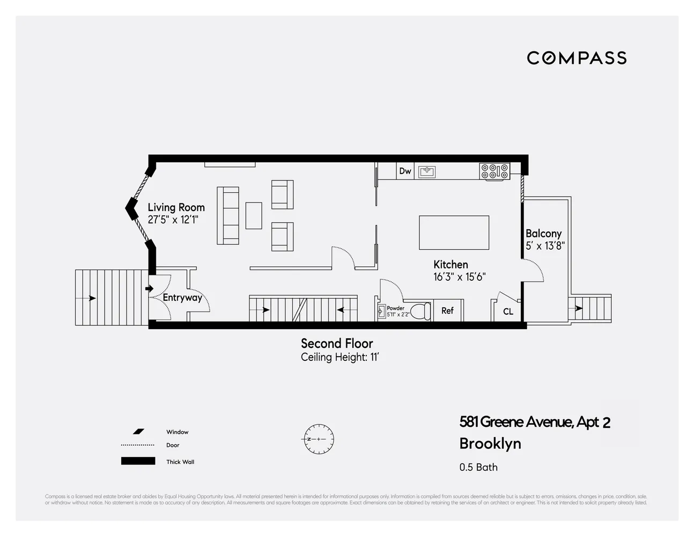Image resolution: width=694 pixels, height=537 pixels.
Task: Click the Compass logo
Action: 577,58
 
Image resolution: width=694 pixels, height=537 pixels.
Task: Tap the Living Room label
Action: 176,207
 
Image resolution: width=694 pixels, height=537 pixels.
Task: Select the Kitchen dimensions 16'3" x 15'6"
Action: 459,277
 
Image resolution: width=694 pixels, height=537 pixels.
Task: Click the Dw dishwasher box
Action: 405,171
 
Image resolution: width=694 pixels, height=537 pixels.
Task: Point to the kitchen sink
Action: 427,172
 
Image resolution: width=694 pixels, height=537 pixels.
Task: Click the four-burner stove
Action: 494,171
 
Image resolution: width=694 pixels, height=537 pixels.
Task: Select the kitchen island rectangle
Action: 454,233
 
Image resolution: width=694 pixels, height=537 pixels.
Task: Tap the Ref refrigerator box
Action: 447,311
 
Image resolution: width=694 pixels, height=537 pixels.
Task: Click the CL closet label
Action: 508,311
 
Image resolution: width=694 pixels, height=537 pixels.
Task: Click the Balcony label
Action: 543,234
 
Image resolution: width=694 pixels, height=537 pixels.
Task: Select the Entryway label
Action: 182,297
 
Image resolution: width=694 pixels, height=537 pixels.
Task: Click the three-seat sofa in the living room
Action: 228,215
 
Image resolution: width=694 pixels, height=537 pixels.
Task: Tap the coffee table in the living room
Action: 254,215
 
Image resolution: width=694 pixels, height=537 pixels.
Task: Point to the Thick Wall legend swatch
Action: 138,461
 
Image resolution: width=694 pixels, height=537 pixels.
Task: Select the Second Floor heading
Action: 337,344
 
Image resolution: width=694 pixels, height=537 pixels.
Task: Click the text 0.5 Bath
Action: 478,467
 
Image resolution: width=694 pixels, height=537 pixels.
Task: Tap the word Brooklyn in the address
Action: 490,444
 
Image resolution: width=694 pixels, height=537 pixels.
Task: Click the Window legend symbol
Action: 139,431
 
